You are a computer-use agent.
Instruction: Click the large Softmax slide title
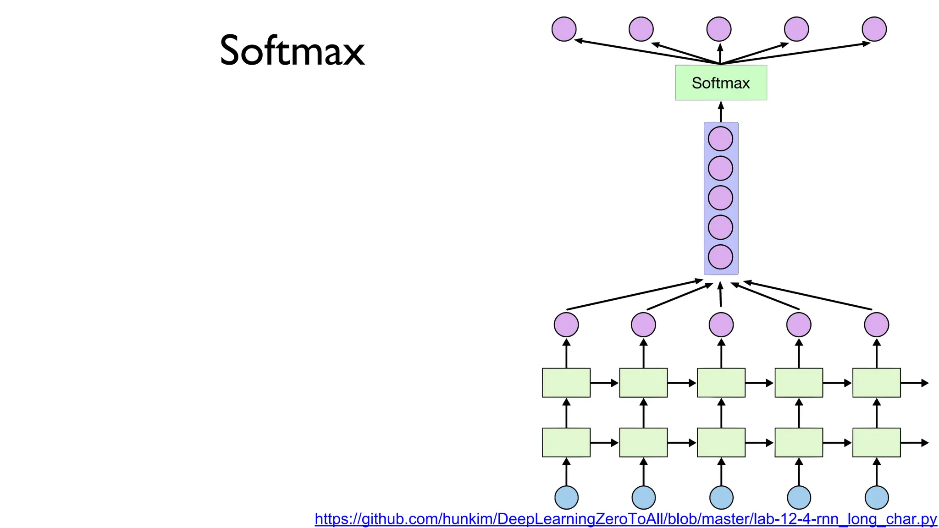(x=292, y=50)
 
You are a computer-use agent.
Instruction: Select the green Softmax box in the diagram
(x=721, y=83)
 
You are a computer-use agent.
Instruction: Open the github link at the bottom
(x=625, y=519)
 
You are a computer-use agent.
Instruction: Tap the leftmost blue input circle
(x=566, y=497)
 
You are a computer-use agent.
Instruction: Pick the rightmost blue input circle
(x=877, y=497)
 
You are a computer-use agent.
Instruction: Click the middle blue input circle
(x=721, y=497)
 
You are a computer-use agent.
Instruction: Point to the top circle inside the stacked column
(x=720, y=139)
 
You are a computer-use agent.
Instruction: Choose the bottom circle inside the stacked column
(x=720, y=257)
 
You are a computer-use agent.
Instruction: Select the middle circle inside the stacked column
(x=720, y=198)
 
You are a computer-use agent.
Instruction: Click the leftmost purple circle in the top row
(x=564, y=29)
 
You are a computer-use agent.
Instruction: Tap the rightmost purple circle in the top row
(x=874, y=29)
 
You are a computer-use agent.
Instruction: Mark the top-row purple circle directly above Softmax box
(x=719, y=29)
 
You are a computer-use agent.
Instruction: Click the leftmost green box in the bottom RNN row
(x=566, y=442)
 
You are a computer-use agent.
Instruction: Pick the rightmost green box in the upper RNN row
(x=877, y=383)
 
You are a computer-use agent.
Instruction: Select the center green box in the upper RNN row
(x=721, y=383)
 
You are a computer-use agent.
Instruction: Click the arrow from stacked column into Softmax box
(x=721, y=111)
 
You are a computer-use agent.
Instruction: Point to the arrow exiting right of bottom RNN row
(x=915, y=443)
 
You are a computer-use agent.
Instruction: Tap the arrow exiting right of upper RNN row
(x=915, y=383)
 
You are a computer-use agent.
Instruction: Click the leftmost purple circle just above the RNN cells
(x=566, y=324)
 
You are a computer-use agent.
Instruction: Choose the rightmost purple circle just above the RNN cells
(x=877, y=324)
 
